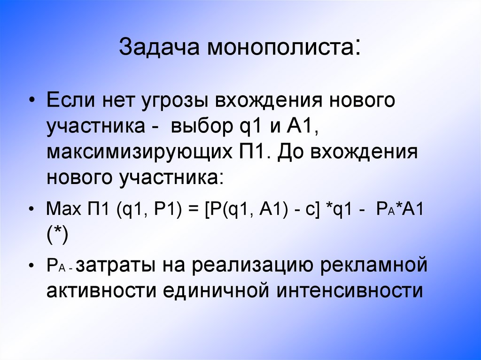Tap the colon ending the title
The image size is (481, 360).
click(358, 47)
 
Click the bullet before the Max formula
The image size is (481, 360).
click(31, 209)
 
